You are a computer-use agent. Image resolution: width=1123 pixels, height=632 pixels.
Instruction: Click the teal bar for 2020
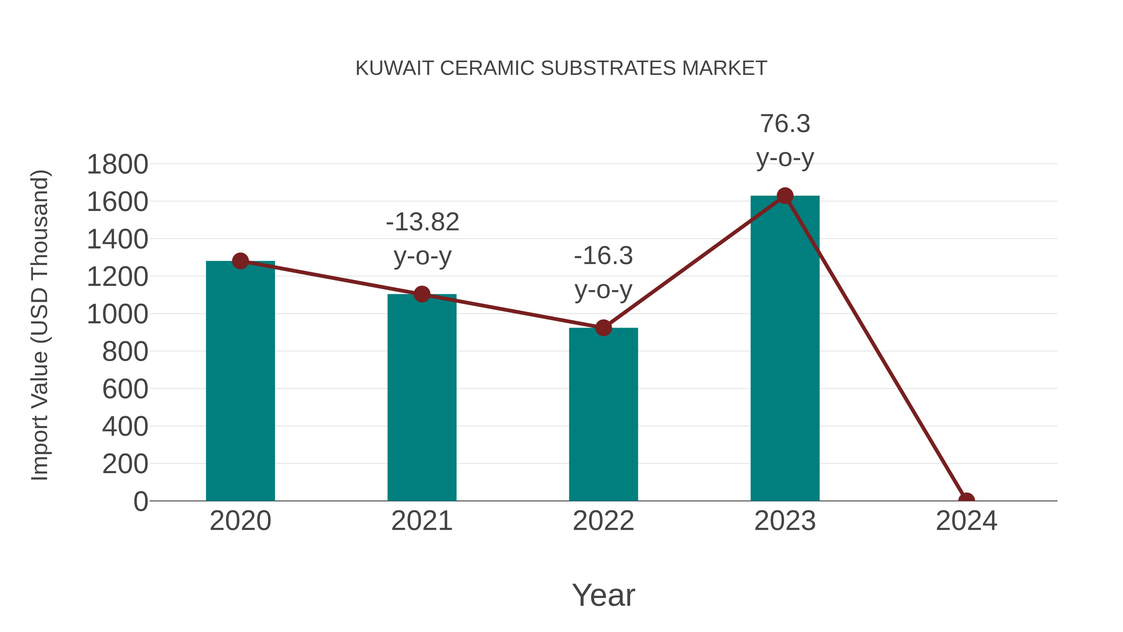(240, 384)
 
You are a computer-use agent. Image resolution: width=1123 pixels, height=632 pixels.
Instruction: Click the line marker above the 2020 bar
(240, 261)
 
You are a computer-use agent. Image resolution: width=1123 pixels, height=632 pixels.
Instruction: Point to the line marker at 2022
(603, 328)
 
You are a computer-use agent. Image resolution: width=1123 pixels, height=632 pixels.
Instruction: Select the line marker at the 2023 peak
(785, 196)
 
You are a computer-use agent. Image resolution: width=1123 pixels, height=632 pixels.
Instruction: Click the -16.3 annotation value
(603, 256)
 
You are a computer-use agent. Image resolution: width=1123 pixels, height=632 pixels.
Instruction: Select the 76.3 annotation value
(785, 124)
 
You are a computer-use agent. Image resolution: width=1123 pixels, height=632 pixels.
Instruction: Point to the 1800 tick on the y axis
(117, 165)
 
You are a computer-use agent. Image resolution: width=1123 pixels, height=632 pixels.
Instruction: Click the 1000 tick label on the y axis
(117, 315)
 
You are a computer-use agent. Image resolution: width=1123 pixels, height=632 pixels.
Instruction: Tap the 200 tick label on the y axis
(125, 464)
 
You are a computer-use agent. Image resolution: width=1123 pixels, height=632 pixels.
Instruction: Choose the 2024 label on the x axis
(966, 521)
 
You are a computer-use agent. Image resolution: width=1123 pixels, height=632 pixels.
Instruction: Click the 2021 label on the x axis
(421, 521)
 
